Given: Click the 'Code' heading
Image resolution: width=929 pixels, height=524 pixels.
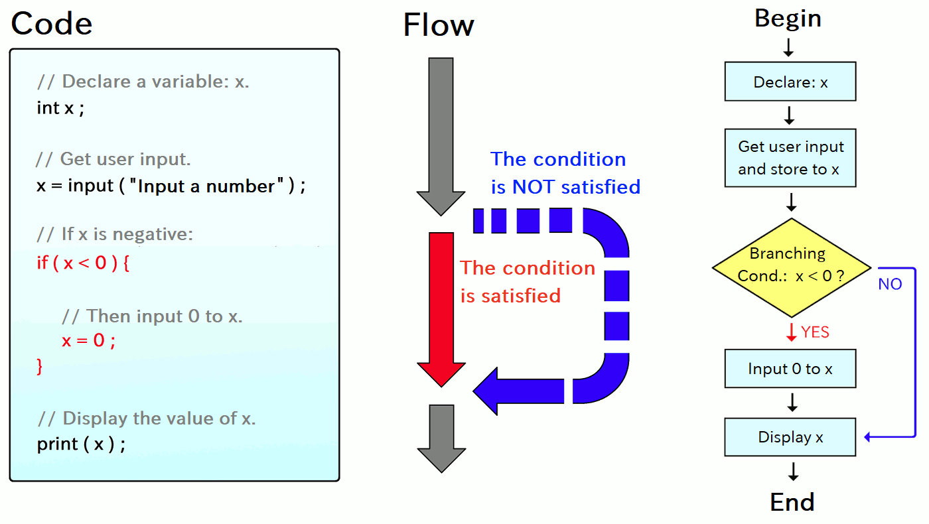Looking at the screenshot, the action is (52, 23).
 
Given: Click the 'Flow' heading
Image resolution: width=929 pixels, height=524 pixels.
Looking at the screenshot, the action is (439, 25).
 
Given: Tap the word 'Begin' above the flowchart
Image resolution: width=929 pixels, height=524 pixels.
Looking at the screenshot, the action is (788, 19).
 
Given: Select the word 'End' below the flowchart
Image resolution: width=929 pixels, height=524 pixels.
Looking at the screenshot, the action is (792, 502).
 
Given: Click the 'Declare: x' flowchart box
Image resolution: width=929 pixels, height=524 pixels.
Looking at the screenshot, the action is (790, 81).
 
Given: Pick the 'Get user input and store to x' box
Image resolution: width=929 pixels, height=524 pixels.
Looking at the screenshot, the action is (790, 158).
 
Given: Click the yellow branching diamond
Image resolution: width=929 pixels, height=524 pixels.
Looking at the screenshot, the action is (791, 268).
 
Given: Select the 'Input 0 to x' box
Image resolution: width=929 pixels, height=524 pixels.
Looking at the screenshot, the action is (790, 369).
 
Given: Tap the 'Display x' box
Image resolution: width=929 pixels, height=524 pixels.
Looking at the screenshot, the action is (790, 437).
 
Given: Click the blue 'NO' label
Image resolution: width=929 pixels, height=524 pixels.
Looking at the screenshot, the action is (890, 284).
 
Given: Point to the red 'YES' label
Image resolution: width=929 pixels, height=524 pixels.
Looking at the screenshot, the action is (815, 332).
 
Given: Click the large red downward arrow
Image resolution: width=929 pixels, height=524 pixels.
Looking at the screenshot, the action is (441, 310).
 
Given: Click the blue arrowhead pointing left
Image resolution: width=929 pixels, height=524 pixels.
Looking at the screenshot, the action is (486, 391).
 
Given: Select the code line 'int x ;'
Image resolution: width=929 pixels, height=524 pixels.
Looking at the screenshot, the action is (60, 107).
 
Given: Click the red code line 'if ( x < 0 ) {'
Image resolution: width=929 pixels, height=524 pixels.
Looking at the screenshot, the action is (83, 263).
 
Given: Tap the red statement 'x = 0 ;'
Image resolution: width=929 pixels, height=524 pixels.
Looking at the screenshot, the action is (88, 340).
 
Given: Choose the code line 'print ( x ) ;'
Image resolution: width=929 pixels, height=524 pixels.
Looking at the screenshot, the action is (81, 444).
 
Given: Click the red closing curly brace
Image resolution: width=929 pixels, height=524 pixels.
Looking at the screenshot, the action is (40, 366).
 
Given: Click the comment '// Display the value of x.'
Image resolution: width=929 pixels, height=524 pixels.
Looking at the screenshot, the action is (147, 419).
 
